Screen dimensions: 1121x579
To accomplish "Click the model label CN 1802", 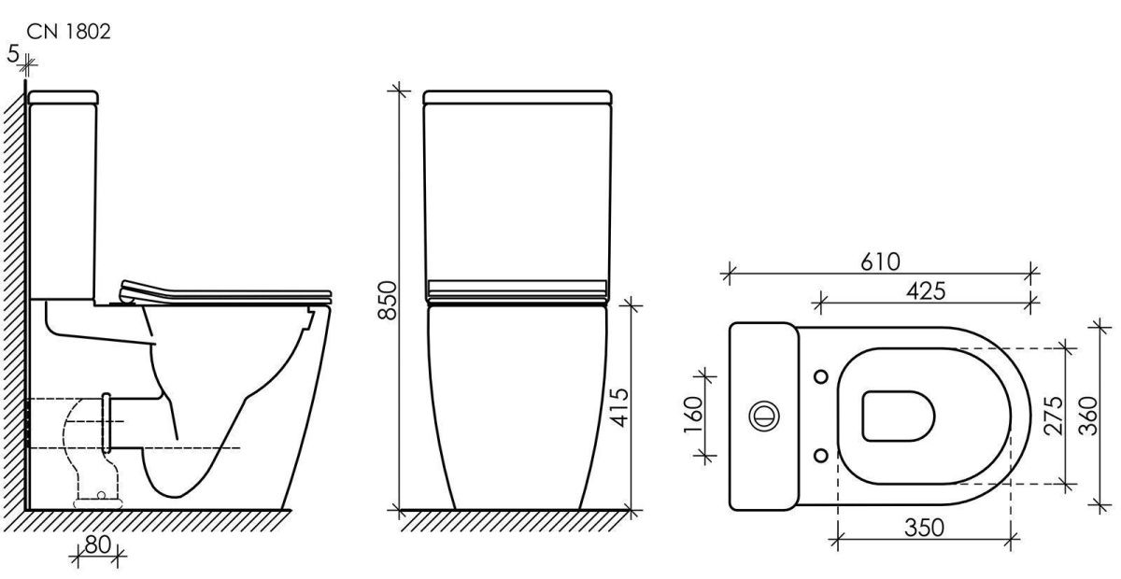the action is pos(68,32).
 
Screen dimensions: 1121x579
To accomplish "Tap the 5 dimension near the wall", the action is pos(13,53).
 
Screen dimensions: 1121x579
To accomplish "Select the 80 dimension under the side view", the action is pos(97,544).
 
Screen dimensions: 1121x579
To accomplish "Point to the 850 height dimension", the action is pos(387,300).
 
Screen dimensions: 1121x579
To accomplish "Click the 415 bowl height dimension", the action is pos(620,407).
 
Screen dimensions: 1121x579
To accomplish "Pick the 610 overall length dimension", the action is pos(881,261).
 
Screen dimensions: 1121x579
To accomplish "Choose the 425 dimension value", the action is pos(926,290).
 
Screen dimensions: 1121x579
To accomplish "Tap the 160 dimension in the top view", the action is pos(693,415).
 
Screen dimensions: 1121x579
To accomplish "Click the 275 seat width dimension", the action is pos(1053,416).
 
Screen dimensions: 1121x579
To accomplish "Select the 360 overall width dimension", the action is pos(1087,416).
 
